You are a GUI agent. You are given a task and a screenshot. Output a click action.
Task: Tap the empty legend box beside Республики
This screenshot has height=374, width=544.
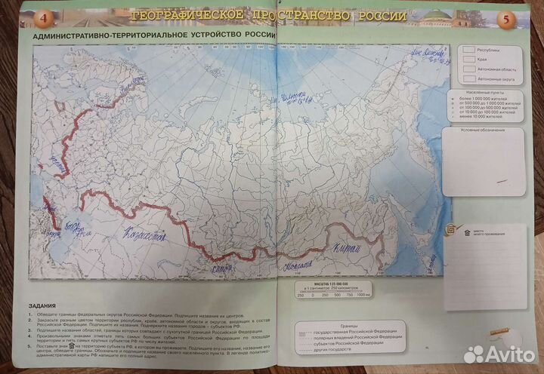point(468,48)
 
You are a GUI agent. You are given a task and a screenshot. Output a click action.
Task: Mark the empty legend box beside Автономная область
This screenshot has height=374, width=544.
point(468,68)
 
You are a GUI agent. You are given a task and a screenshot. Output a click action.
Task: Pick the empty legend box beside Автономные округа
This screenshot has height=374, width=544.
point(468,78)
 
